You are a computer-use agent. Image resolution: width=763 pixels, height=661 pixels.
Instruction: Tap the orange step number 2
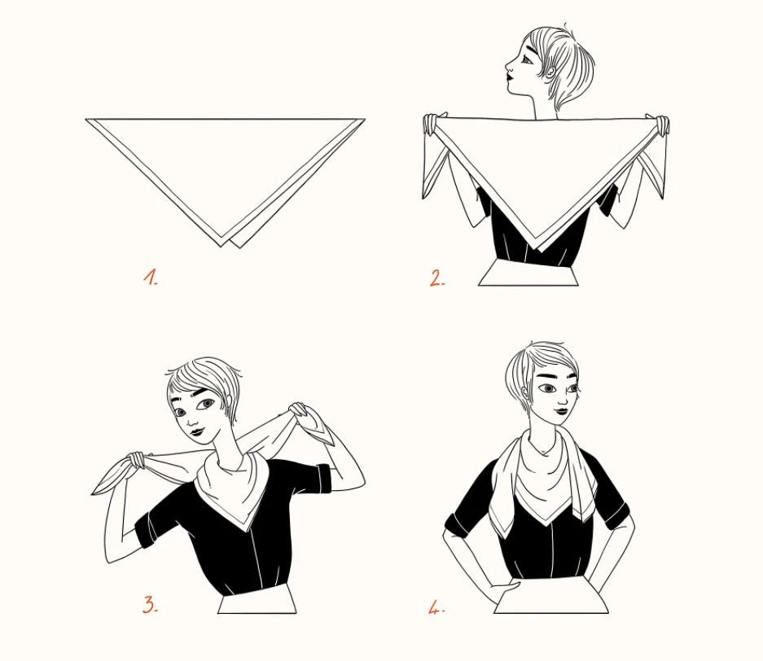436,278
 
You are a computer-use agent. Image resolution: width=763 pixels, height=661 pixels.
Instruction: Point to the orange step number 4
436,607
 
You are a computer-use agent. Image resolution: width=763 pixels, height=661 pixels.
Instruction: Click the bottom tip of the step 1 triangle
221,247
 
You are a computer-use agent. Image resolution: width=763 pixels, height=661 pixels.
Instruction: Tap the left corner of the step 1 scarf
86,119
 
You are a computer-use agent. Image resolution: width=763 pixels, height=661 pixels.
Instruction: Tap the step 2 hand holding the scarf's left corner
431,124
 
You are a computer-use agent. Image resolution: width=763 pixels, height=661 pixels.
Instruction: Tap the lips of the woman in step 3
196,431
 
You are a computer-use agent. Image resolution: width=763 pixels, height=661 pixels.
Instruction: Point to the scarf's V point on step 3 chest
245,530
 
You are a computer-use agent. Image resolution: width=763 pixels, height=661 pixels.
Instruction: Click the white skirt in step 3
257,599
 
